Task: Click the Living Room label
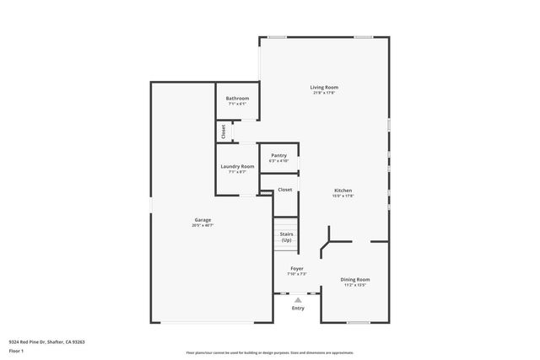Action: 323,87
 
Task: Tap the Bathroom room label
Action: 237,99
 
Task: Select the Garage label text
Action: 202,220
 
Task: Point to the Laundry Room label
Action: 237,166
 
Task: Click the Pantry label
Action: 278,155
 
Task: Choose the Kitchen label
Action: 343,191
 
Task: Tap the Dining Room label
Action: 355,279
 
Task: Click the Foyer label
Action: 296,269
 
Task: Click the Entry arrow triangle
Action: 297,299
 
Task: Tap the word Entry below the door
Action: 297,308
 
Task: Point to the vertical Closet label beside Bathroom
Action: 224,132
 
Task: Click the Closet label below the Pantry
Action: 284,190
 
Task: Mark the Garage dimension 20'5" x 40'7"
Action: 202,226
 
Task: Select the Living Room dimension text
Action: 323,93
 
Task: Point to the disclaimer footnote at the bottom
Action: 269,352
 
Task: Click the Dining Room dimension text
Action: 355,285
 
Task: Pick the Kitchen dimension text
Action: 343,196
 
